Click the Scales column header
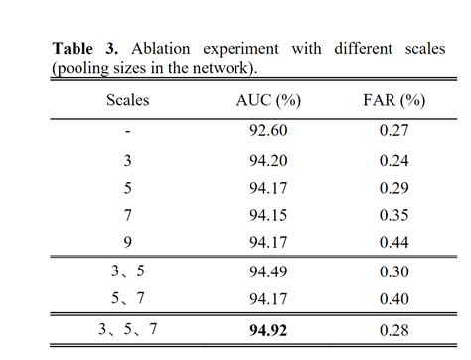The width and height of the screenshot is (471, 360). pos(127,100)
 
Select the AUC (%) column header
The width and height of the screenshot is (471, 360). pos(269,100)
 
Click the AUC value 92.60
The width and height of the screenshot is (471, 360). pos(269,129)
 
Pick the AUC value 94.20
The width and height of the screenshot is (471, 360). pos(269,157)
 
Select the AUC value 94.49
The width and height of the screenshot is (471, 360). pos(269,270)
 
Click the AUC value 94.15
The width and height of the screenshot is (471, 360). pos(269,214)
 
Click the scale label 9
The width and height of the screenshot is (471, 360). pos(127,242)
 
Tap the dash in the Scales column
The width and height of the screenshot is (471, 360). pos(127,129)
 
